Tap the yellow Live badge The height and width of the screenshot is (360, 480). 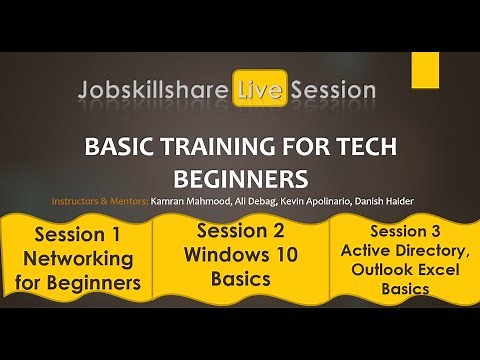[x=260, y=91]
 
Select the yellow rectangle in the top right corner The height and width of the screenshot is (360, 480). [x=425, y=69]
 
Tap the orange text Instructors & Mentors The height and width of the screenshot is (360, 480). [x=100, y=201]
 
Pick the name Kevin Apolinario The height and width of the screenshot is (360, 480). [x=321, y=201]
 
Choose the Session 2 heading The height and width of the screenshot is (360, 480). [x=240, y=232]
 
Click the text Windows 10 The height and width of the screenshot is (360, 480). [x=240, y=256]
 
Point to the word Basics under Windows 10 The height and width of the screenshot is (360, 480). [x=240, y=280]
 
